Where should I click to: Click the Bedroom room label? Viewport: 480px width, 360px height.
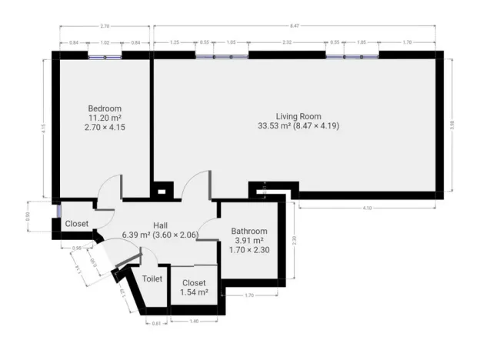[x=104, y=108]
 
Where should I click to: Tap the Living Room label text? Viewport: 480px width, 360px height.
[x=298, y=115]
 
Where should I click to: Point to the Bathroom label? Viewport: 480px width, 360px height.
[x=249, y=231]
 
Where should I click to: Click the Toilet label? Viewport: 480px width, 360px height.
[x=152, y=278]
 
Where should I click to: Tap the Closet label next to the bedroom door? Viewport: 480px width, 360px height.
[x=77, y=224]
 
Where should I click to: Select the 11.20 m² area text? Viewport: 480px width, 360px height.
[x=104, y=118]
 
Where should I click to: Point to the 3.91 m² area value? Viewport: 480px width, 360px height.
[x=249, y=240]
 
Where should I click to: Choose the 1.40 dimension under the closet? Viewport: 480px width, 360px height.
[x=195, y=320]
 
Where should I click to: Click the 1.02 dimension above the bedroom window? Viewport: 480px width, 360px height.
[x=105, y=44]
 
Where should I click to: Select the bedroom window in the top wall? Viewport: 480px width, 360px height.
[x=105, y=55]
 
